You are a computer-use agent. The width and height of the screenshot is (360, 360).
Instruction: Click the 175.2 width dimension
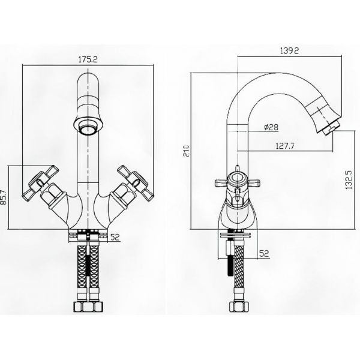tap(88, 59)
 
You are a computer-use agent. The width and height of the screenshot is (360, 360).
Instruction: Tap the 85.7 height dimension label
tap(4, 197)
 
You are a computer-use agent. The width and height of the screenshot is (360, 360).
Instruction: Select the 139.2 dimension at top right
tap(289, 50)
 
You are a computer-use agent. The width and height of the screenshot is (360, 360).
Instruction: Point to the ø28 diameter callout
tap(271, 127)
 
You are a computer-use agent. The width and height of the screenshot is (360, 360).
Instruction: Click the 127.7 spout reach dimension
tap(284, 146)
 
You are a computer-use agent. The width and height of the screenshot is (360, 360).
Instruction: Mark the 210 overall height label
tap(187, 151)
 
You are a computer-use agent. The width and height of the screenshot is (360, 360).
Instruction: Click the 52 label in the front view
tap(115, 237)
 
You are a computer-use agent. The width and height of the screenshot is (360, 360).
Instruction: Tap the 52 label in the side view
tap(264, 253)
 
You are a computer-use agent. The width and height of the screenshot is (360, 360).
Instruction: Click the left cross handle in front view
tap(40, 183)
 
